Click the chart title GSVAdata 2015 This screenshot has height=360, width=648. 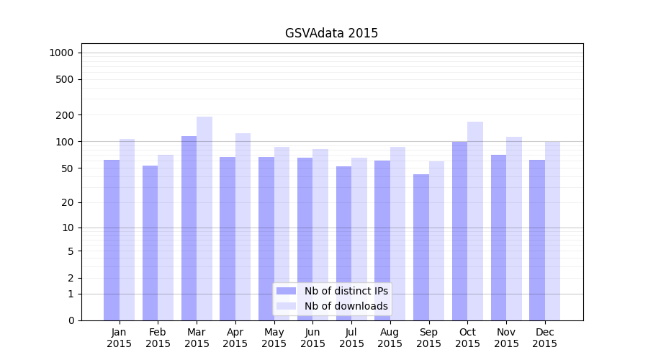[x=331, y=33]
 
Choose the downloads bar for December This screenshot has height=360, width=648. [x=552, y=230]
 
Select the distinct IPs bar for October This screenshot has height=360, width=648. [x=459, y=230]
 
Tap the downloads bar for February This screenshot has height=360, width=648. [x=166, y=238]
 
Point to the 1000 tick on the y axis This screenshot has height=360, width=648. [x=61, y=53]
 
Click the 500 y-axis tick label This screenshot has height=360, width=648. [x=64, y=79]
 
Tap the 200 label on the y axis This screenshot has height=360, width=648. [x=64, y=115]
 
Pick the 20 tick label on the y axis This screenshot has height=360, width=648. [x=67, y=202]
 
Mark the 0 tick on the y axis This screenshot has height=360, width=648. [x=70, y=320]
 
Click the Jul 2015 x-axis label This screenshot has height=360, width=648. [x=351, y=338]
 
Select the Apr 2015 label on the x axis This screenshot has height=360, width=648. [x=235, y=338]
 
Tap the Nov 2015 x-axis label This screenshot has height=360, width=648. [x=506, y=338]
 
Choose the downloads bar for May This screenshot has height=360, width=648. [x=282, y=233]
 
